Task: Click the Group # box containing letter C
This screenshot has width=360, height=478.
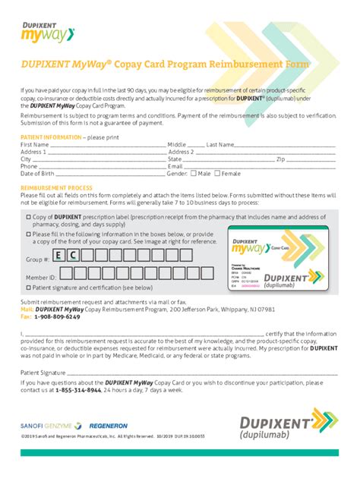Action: coord(74,256)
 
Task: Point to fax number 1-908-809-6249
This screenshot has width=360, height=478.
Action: coord(55,316)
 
